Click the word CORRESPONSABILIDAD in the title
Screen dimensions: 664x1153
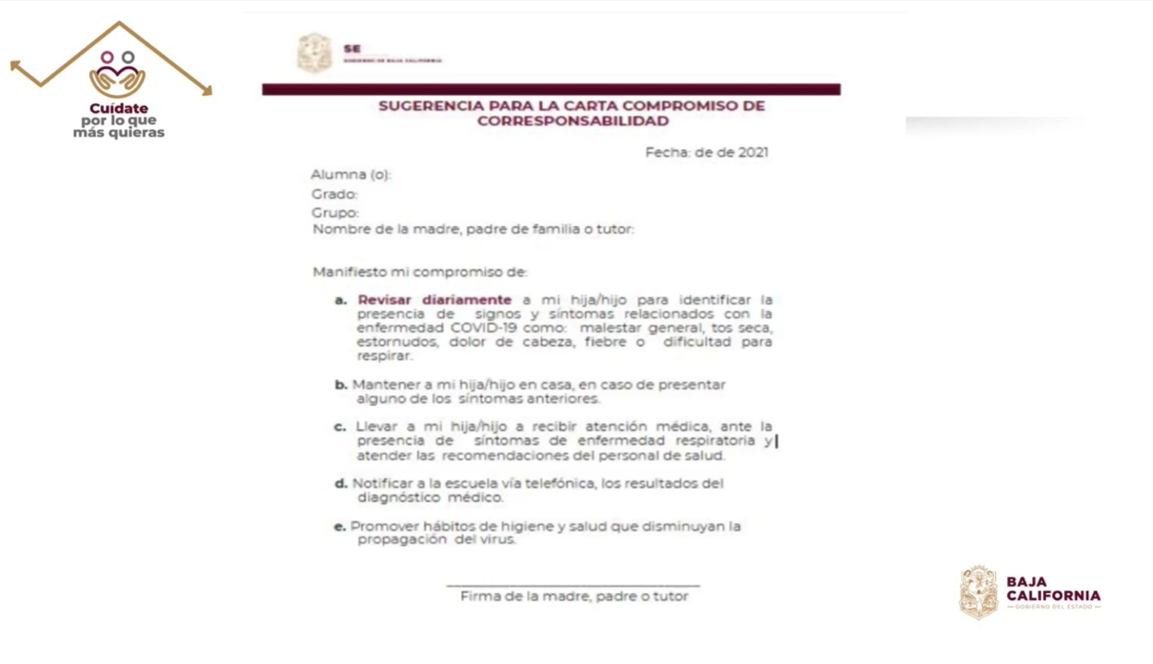(573, 121)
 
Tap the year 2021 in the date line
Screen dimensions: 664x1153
(753, 152)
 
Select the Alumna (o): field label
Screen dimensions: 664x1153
(351, 175)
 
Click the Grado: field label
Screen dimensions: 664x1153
(334, 194)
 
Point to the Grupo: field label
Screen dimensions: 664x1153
(335, 213)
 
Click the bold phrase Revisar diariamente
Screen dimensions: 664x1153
(434, 300)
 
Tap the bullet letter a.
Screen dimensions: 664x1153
(341, 301)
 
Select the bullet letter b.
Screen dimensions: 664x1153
(341, 385)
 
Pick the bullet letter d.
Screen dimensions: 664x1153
(341, 484)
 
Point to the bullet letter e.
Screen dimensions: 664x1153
(340, 527)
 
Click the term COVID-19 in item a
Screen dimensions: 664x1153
(483, 328)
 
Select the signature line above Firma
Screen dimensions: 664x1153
(573, 585)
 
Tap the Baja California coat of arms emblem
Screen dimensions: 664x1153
(979, 592)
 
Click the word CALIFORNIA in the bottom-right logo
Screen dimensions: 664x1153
(1053, 596)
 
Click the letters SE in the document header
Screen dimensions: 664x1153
(352, 49)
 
